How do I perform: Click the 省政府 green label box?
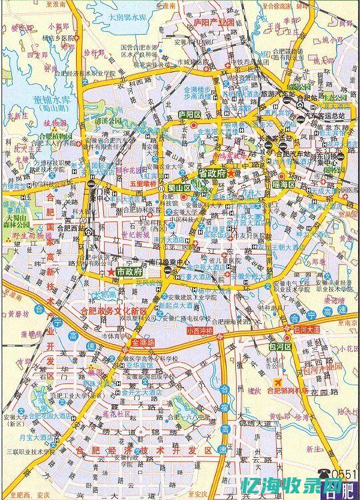click(212, 173)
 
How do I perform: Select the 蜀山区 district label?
click(179, 187)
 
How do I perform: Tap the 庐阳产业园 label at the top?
click(214, 22)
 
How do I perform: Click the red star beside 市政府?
click(111, 272)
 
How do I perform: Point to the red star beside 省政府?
click(231, 173)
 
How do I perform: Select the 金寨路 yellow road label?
click(142, 342)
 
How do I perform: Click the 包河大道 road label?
click(307, 329)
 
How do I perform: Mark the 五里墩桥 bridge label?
click(143, 181)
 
